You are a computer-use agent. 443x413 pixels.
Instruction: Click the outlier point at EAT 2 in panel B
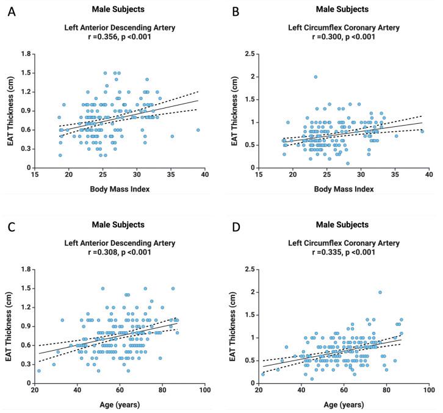coord(315,77)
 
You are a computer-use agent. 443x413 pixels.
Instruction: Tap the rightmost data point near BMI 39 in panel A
coord(198,129)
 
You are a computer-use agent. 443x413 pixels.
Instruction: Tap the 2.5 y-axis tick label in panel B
coord(246,54)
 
